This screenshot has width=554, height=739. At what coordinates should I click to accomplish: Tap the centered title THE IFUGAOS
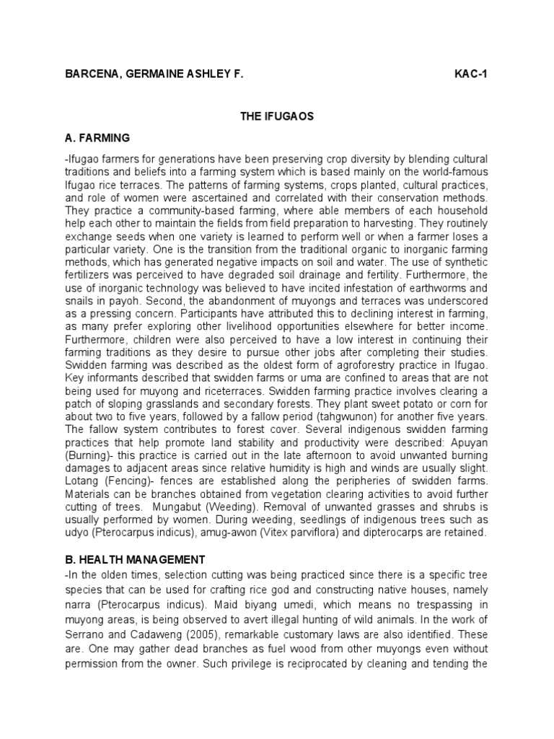click(276, 116)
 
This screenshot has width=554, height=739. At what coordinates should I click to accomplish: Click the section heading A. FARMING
click(97, 137)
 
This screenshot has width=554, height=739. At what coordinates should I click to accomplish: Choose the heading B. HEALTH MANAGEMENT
click(135, 559)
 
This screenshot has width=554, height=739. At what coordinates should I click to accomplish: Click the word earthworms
click(423, 288)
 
